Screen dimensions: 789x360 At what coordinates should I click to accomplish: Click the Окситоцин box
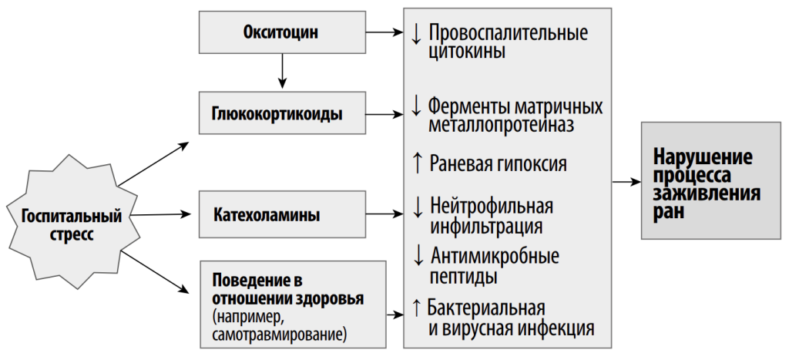[x=282, y=32]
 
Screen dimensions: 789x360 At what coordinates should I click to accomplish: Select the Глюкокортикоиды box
[x=282, y=113]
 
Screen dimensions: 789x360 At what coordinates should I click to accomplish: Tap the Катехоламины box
[x=282, y=214]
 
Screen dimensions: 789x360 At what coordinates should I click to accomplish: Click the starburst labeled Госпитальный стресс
[x=72, y=222]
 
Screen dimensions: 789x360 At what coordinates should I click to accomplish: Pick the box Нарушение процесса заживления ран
[x=710, y=180]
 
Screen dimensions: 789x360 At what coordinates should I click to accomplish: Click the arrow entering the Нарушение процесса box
[x=626, y=182]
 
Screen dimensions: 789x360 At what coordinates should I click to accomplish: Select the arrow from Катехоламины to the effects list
[x=385, y=214]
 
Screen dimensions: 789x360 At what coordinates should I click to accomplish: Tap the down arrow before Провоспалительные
[x=416, y=34]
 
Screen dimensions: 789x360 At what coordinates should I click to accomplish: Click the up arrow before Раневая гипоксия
[x=417, y=163]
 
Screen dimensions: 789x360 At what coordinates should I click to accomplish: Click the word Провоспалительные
[x=509, y=33]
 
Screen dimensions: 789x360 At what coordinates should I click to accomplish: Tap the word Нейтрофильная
[x=492, y=206]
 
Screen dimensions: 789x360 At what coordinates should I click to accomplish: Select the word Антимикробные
[x=495, y=256]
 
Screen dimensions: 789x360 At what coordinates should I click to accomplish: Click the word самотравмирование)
[x=279, y=335]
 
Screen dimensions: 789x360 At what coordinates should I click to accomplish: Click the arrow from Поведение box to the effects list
[x=395, y=315]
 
